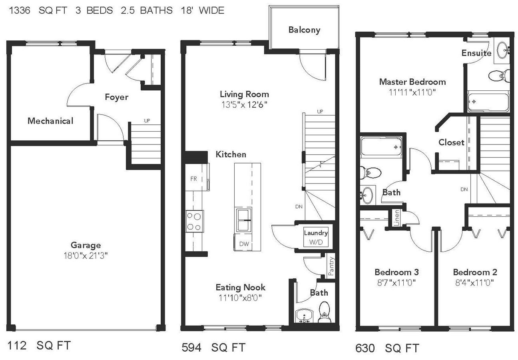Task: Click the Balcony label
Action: tap(304, 30)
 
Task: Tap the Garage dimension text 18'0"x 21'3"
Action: tap(86, 256)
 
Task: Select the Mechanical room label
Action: tap(50, 121)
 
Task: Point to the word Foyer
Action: tap(117, 97)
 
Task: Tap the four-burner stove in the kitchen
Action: tap(195, 221)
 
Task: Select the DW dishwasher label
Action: tap(244, 244)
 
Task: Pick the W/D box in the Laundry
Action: tap(316, 237)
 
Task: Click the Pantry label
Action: tap(331, 266)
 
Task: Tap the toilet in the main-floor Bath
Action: tap(324, 312)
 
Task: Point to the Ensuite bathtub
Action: tap(488, 102)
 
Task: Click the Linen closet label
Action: tap(396, 218)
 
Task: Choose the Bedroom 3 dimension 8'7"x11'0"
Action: tap(396, 282)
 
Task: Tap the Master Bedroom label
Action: tap(412, 82)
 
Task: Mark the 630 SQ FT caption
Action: tap(387, 348)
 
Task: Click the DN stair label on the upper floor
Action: tap(464, 190)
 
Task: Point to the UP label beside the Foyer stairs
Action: tap(147, 121)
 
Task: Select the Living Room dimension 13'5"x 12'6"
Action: tap(244, 105)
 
